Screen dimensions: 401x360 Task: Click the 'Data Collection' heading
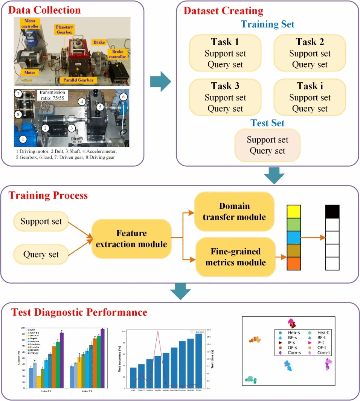coord(44,10)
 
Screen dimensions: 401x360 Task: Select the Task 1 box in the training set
coord(225,53)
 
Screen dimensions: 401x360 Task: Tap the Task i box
coord(310,97)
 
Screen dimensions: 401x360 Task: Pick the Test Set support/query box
coord(267,145)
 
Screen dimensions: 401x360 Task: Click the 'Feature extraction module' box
coord(131,239)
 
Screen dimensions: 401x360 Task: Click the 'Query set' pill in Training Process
coord(41,255)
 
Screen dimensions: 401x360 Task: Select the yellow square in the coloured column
coord(294,212)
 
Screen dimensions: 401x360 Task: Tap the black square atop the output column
coord(332,212)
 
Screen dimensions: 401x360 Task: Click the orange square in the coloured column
coord(294,263)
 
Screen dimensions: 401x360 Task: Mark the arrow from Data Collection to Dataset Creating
coord(160,81)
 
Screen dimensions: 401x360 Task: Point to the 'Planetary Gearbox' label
coord(65,31)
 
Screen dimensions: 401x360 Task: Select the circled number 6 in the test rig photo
coord(122,97)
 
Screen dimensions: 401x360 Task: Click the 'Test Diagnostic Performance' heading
coord(79,313)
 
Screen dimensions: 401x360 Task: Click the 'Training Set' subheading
coord(267,24)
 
